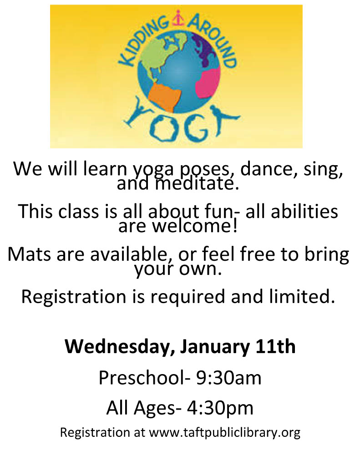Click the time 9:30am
pos(228,378)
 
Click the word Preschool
pos(142,378)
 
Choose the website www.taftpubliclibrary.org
pos(224,432)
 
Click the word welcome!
pos(195,226)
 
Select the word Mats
pos(29,254)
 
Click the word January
pos(215,347)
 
